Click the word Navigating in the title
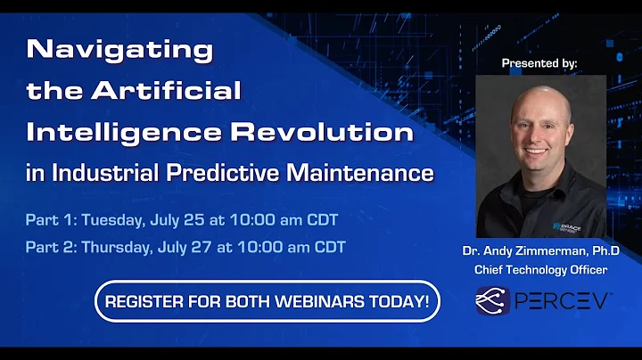[x=120, y=50]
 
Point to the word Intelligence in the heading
[x=127, y=132]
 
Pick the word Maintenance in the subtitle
[x=360, y=173]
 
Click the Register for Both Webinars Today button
[x=267, y=301]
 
